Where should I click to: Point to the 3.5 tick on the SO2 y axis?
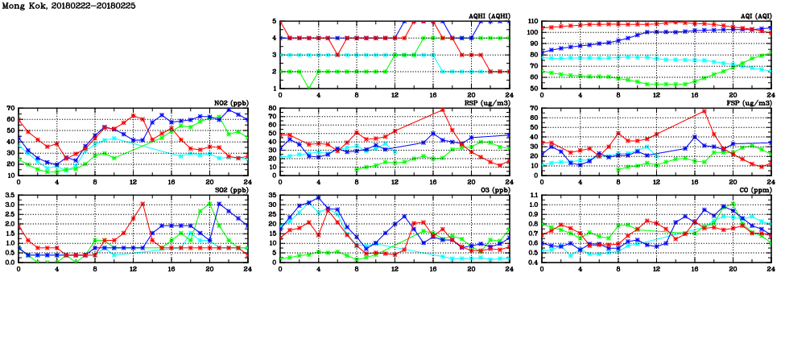pyautogui.click(x=9, y=196)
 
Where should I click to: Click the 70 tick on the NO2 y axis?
pyautogui.click(x=9, y=109)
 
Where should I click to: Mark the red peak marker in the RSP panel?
pyautogui.click(x=442, y=110)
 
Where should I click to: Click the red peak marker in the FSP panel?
pyautogui.click(x=704, y=111)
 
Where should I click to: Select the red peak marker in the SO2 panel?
pyautogui.click(x=143, y=204)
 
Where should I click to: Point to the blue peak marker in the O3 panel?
pyautogui.click(x=318, y=197)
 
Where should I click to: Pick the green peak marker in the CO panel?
pyautogui.click(x=733, y=204)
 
